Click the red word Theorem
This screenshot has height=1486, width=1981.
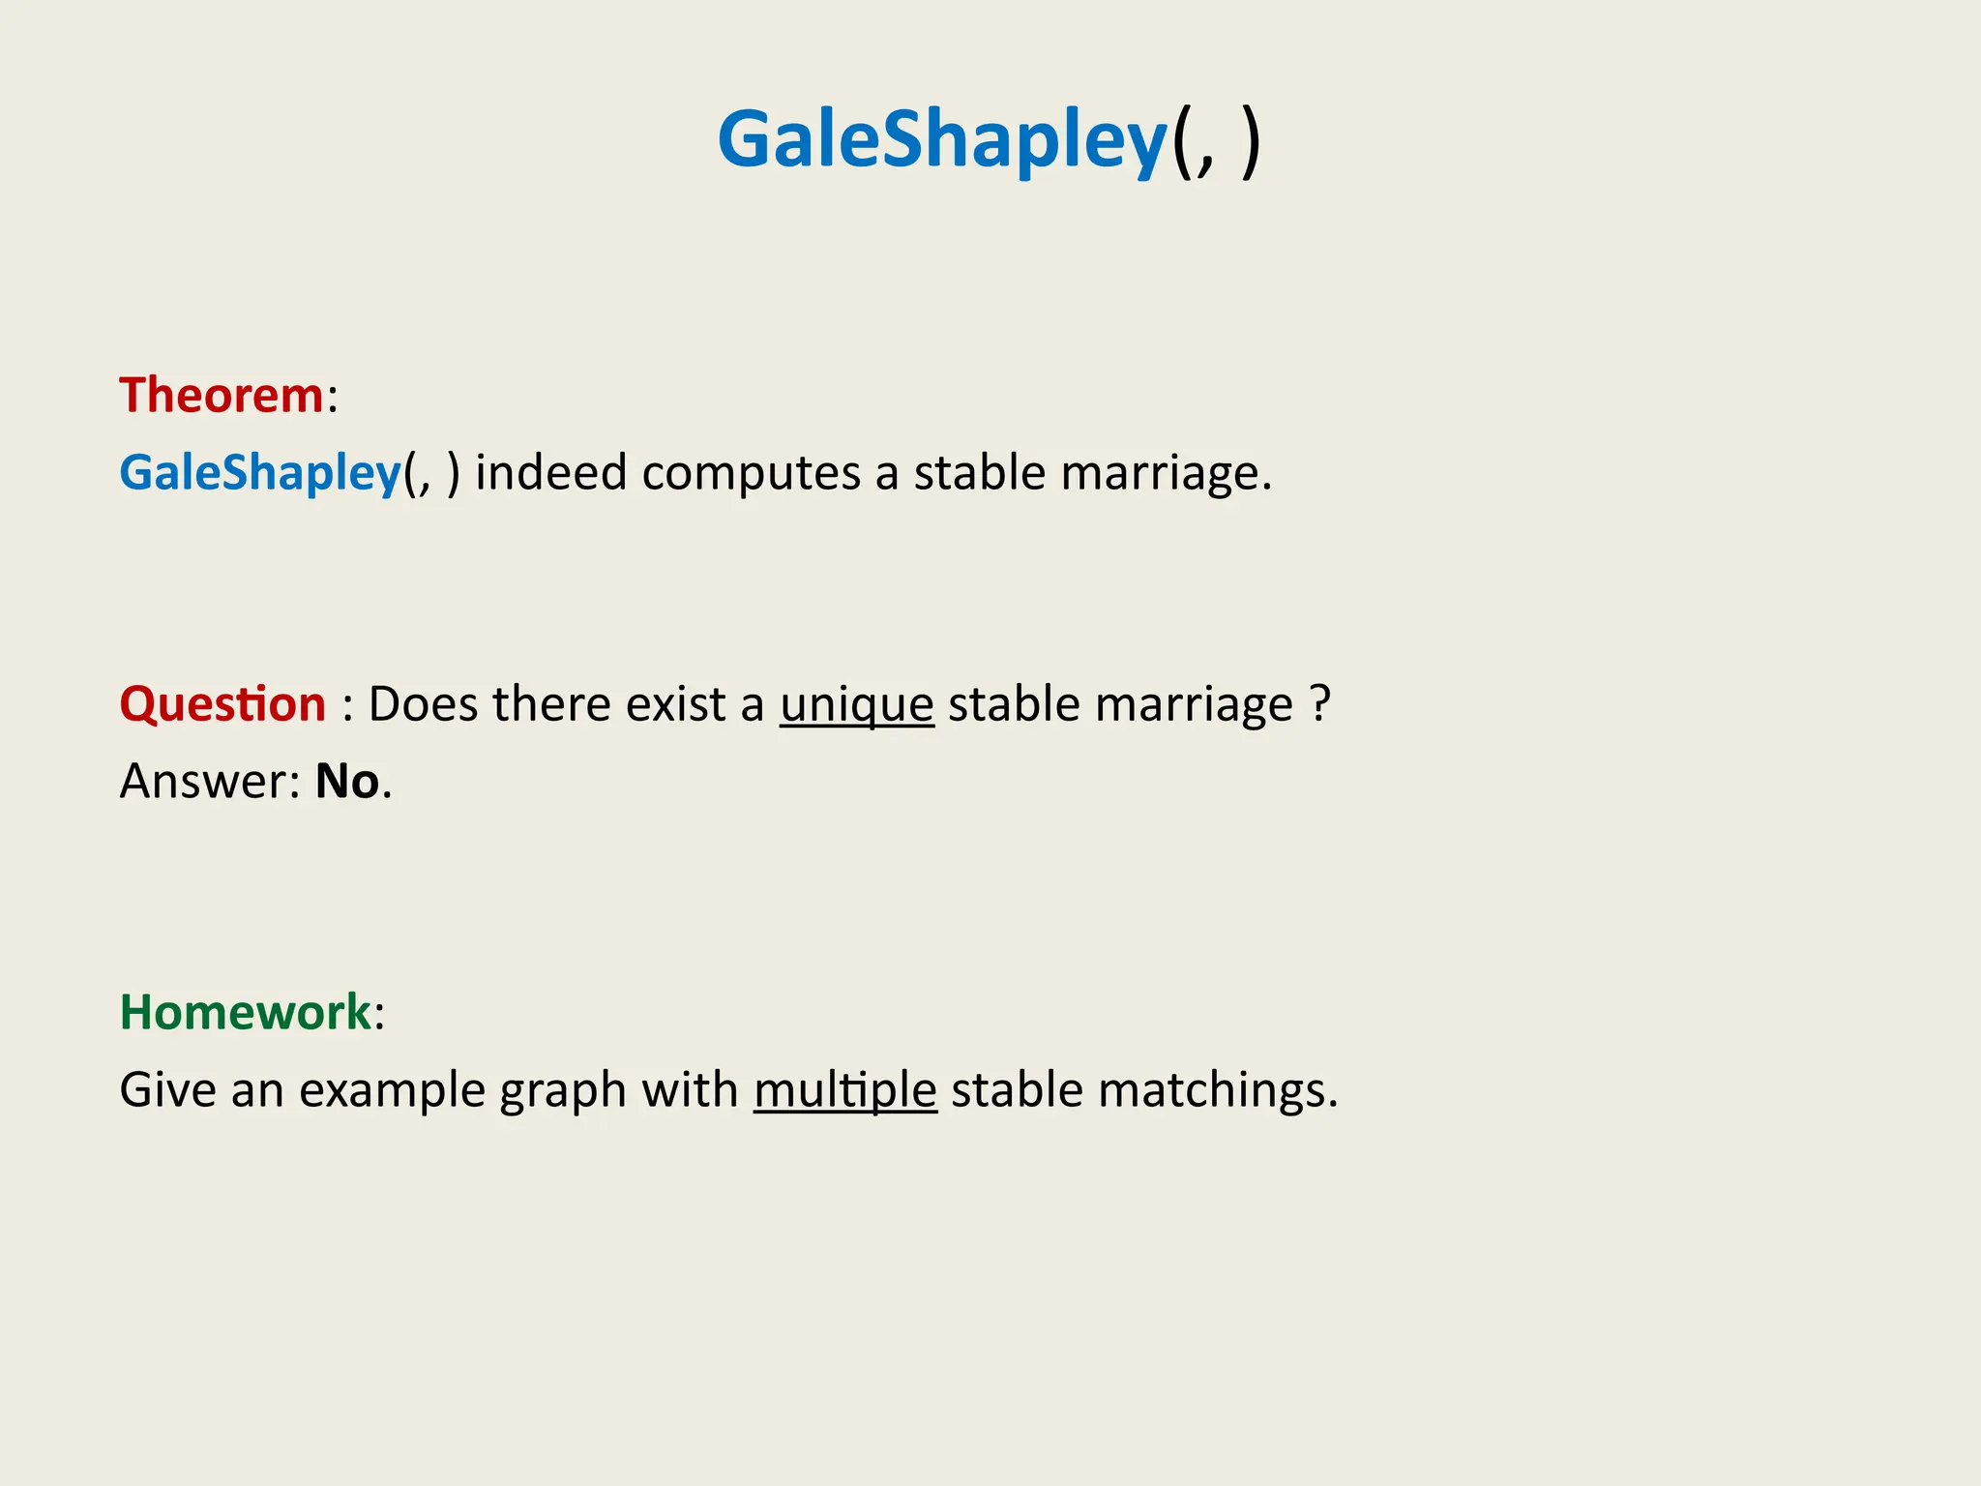(x=221, y=396)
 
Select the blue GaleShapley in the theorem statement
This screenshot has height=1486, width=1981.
(x=259, y=473)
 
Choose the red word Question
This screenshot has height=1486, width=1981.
(x=222, y=704)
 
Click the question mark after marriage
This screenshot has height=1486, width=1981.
(x=1320, y=703)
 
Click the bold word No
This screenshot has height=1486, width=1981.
(x=347, y=782)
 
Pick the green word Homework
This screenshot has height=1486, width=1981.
(x=245, y=1013)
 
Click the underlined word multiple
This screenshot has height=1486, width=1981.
(x=844, y=1090)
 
